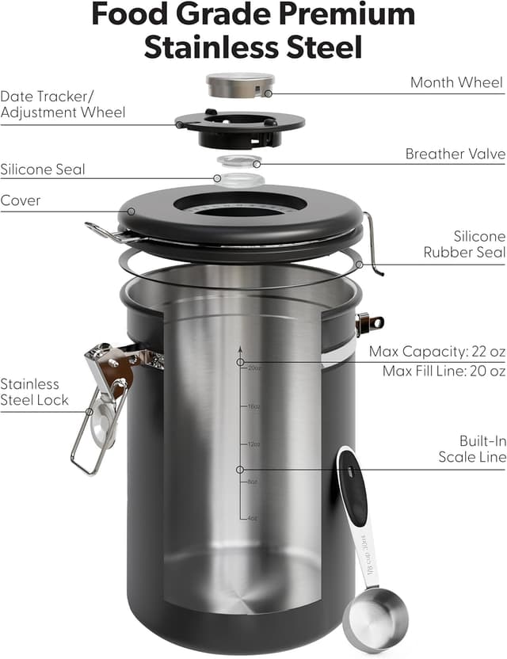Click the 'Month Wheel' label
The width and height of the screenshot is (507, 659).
point(457,82)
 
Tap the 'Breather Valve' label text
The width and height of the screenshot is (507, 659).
point(455,154)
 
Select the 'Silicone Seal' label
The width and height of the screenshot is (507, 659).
point(43,170)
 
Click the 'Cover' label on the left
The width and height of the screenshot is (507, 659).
point(21,200)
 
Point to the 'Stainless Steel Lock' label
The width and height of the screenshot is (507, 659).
point(35,392)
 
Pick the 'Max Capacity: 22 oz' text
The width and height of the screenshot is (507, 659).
point(436,352)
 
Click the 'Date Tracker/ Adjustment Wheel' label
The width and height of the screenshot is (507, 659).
point(63,104)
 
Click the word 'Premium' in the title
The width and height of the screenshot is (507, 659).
point(337,14)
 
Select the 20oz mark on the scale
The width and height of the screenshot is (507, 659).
point(253,368)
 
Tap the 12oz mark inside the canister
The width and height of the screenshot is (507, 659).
point(253,444)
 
